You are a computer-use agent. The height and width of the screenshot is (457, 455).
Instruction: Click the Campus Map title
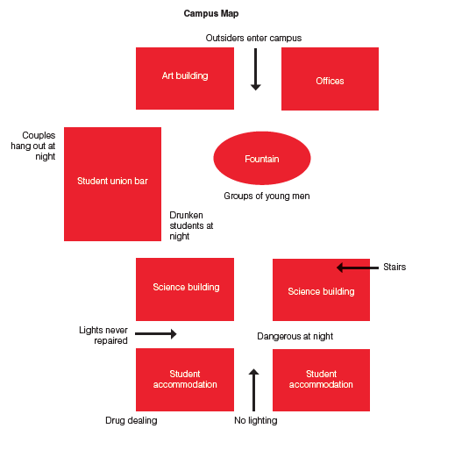coord(211,13)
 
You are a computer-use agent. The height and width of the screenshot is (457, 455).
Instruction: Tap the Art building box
coord(185,78)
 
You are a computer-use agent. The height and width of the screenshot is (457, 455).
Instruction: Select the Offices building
coord(330,79)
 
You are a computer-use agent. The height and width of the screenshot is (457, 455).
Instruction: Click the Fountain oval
coord(262,158)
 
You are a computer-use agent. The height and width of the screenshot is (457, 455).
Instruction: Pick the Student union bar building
coord(112,184)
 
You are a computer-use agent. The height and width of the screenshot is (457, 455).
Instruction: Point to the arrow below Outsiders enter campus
coord(256,69)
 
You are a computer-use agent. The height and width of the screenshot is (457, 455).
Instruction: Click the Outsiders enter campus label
coord(253,38)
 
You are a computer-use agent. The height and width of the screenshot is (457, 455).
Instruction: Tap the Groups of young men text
coord(267,196)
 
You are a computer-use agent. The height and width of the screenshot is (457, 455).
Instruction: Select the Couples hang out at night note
coord(33,146)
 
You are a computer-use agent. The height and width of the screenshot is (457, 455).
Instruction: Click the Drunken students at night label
coord(191,225)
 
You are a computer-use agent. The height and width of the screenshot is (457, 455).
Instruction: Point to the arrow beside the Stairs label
coord(358,268)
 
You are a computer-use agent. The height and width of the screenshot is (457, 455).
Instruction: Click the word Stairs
coord(395,267)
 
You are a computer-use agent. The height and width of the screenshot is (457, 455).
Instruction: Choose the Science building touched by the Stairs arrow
coord(321,289)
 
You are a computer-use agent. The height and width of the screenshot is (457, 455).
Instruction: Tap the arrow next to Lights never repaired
coord(156,333)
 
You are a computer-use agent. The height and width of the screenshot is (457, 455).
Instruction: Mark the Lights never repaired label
coord(103,335)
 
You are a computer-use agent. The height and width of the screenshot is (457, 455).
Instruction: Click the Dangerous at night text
coord(295,336)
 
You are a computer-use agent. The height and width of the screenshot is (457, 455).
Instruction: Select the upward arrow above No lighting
coord(253,390)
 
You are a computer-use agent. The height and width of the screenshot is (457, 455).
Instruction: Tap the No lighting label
coord(256,420)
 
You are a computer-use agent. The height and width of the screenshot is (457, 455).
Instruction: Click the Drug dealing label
coord(132,420)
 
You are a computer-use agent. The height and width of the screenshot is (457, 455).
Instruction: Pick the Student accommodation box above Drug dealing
coord(185,380)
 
